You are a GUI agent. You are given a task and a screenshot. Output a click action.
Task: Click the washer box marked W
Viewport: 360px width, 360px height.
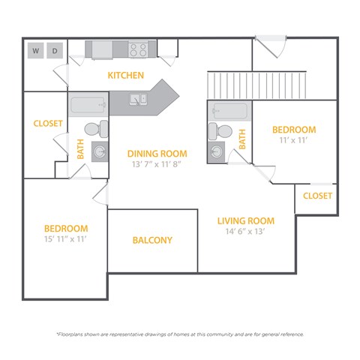click(x=35, y=51)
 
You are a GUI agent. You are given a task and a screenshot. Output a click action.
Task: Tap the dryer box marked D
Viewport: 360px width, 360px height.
click(x=55, y=51)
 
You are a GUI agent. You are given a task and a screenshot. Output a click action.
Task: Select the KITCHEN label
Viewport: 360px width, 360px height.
click(x=125, y=75)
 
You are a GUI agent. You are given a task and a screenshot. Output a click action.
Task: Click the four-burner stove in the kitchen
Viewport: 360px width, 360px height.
click(x=138, y=49)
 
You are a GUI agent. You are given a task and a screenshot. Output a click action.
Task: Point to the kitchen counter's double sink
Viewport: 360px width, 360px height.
click(x=139, y=99)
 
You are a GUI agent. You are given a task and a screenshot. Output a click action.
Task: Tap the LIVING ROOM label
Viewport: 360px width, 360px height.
click(x=245, y=221)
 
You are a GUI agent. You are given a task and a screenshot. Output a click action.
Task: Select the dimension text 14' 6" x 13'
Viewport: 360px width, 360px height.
click(x=245, y=232)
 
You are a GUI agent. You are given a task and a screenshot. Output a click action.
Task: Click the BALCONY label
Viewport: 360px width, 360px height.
click(x=152, y=241)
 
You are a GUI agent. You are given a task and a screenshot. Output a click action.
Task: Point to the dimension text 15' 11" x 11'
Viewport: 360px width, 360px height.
click(x=65, y=239)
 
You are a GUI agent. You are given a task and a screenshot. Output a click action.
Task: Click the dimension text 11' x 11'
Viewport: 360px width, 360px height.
click(x=294, y=140)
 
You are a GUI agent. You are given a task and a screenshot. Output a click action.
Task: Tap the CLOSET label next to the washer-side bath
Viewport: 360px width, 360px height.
click(x=48, y=124)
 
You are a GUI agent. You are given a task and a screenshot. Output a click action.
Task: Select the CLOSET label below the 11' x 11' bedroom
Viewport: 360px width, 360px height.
click(x=317, y=196)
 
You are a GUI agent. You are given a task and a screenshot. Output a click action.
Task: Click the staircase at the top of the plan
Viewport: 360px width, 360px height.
click(x=257, y=82)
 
